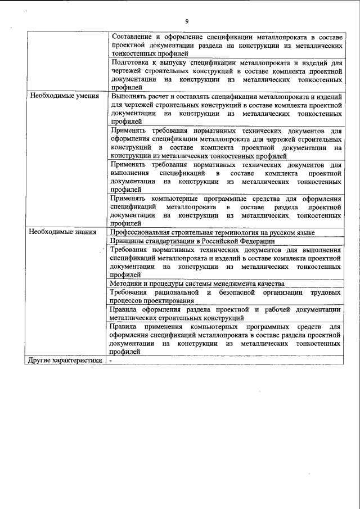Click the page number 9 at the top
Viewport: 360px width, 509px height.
186,22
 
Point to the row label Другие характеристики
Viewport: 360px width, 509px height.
66,361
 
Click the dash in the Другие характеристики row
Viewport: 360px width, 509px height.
111,361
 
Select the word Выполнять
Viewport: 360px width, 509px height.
129,96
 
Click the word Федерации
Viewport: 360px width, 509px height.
255,241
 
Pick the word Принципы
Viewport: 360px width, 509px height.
128,241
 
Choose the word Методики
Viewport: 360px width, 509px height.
127,283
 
